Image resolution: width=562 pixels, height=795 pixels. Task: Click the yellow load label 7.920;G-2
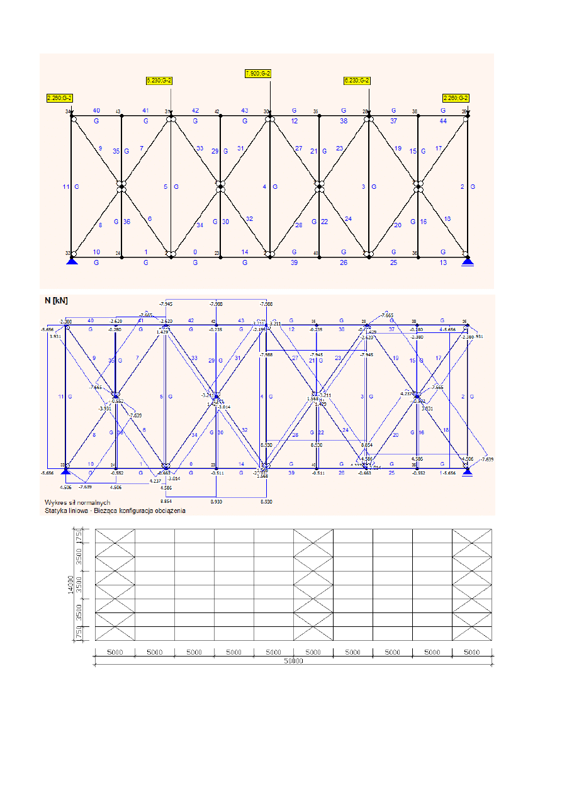(258, 74)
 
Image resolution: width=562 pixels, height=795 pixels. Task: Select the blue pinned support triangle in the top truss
(72, 260)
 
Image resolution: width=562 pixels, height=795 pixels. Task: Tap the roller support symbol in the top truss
(466, 260)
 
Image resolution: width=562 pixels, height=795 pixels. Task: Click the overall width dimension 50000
(293, 662)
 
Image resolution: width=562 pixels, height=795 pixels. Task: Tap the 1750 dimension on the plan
(79, 536)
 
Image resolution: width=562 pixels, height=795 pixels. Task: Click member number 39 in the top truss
(294, 262)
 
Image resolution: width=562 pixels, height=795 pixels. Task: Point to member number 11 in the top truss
(66, 187)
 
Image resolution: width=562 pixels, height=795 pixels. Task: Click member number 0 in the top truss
(195, 252)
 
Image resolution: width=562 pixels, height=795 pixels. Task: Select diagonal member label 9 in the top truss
(100, 149)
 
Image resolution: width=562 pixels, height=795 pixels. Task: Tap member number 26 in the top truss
(344, 262)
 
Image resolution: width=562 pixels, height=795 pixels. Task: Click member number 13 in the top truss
(444, 262)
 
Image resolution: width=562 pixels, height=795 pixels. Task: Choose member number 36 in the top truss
(126, 222)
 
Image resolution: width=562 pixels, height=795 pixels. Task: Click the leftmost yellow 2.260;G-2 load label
(60, 98)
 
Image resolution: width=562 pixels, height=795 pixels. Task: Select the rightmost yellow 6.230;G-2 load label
(357, 81)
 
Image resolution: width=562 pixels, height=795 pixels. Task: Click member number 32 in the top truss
(249, 219)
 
